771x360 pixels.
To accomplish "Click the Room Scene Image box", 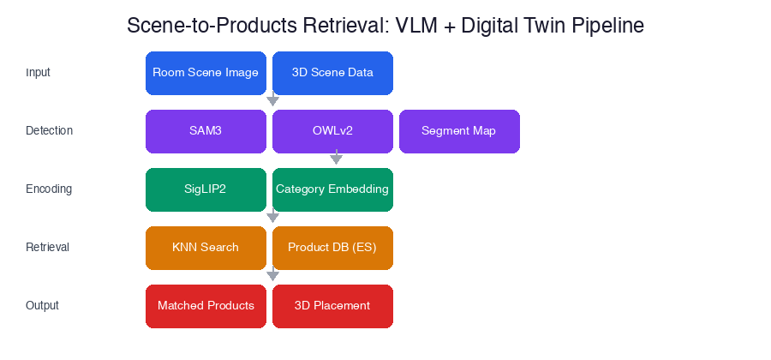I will [x=206, y=73].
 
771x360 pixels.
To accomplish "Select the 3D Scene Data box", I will [x=332, y=73].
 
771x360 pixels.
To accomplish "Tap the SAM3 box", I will [x=206, y=131].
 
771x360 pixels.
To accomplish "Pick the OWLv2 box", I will [x=332, y=131].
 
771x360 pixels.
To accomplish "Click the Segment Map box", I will [x=459, y=131].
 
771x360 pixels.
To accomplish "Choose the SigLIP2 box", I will [x=206, y=189].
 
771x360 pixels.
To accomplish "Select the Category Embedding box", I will [x=332, y=189].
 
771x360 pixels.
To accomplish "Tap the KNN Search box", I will [x=206, y=248].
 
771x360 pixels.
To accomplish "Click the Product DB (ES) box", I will [x=332, y=248].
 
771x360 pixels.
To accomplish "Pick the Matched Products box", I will [x=206, y=306].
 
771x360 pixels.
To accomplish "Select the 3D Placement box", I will [x=332, y=306].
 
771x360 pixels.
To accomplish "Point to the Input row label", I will [x=38, y=73].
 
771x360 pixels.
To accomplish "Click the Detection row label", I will [x=49, y=131].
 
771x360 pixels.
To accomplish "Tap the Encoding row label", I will [x=49, y=189].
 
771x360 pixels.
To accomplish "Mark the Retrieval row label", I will [x=47, y=248].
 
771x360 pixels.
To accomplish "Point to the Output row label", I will [x=43, y=306].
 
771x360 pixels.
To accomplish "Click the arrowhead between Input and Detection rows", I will [x=273, y=100].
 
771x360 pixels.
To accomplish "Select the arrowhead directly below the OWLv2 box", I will [x=336, y=159].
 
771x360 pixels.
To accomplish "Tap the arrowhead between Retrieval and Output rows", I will [x=273, y=275].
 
